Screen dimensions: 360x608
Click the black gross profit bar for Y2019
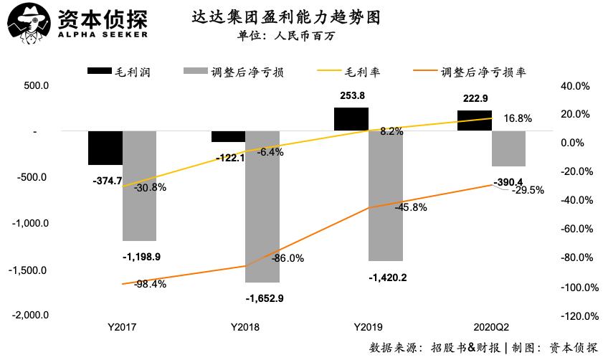351,120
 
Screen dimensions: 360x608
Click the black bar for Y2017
105,148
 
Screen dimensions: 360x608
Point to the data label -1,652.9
265,298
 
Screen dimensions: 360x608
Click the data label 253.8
351,96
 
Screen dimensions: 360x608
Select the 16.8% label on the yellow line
518,118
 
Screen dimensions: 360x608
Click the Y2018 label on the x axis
247,327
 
